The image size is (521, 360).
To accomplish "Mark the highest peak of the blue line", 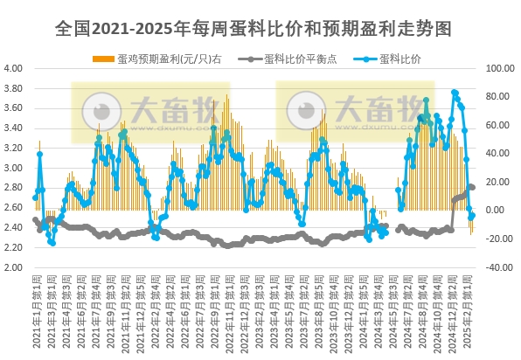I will (x=454, y=92).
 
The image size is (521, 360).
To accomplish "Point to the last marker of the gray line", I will (x=473, y=187).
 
